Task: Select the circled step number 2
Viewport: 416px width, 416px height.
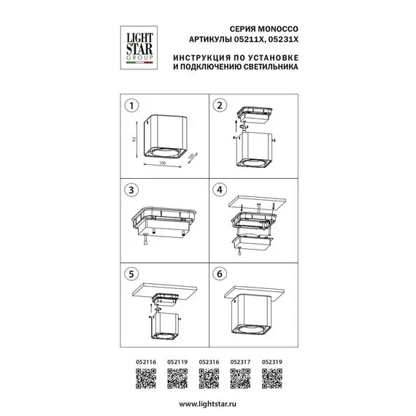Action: tap(217, 105)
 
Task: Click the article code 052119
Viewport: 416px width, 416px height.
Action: tap(177, 361)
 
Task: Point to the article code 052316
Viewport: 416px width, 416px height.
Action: tap(209, 361)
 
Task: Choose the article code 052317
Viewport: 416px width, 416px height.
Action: tap(240, 361)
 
